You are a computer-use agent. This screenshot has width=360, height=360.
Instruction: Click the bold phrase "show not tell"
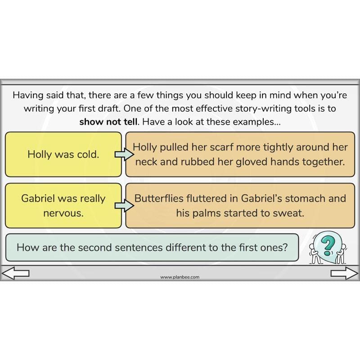(x=108, y=121)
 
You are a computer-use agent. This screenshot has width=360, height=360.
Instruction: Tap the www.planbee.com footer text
(x=180, y=277)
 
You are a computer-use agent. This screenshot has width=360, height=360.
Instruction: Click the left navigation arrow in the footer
(x=15, y=273)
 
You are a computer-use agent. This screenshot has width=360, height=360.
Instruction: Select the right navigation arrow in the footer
(x=344, y=273)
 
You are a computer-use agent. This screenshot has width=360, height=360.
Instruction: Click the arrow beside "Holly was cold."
(x=124, y=154)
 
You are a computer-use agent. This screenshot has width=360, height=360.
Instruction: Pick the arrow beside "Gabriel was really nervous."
(x=124, y=205)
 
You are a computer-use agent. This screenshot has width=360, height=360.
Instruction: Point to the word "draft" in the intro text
(x=111, y=108)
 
